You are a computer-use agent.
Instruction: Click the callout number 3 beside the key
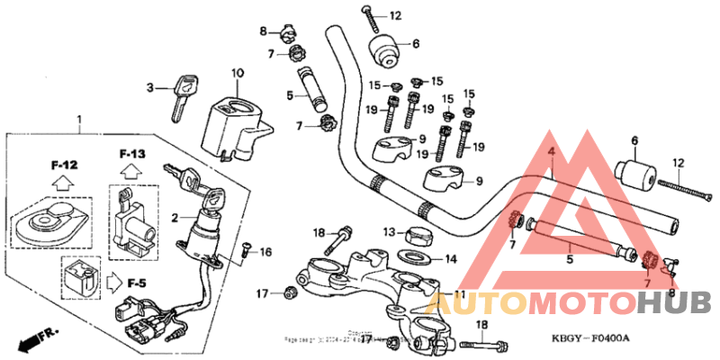click(x=151, y=87)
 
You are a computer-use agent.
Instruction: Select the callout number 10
click(x=238, y=72)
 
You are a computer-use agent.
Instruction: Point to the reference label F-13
click(x=131, y=154)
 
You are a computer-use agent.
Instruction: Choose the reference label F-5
click(x=137, y=283)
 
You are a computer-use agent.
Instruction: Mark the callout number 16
click(x=265, y=252)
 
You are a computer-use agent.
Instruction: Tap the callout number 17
click(x=262, y=292)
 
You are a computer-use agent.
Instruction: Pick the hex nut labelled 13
click(x=417, y=237)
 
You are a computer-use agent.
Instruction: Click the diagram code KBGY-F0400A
click(x=589, y=338)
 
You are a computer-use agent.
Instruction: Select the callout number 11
click(x=459, y=294)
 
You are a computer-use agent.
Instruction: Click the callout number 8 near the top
click(x=264, y=31)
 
